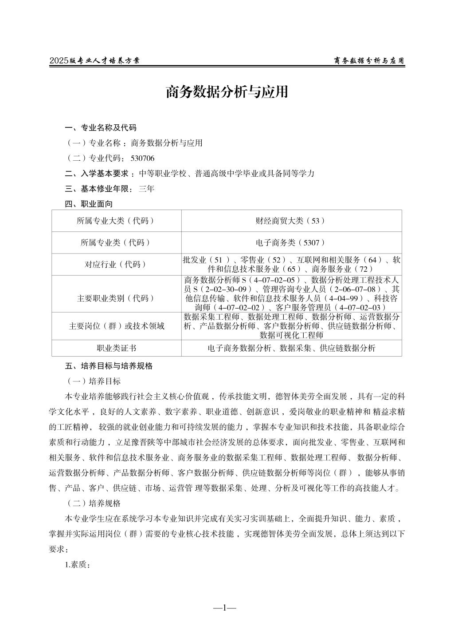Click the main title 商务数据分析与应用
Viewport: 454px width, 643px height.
pos(227,91)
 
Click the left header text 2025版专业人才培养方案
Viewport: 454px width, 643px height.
pos(94,61)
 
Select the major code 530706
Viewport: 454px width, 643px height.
pos(142,159)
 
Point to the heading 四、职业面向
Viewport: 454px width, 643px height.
pos(89,204)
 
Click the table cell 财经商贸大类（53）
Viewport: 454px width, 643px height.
pos(291,221)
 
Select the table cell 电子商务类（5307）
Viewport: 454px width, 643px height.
pos(291,242)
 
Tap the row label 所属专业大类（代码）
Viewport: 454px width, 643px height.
pos(116,221)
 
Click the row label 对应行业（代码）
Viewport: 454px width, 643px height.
pos(116,264)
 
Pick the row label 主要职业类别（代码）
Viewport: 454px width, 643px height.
pos(116,298)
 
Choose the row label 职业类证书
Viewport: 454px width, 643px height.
pos(116,348)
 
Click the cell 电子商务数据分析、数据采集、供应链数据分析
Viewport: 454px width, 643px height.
pos(291,348)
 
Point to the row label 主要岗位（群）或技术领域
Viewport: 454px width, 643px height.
pos(116,326)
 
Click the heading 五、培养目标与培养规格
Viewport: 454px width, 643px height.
pos(109,366)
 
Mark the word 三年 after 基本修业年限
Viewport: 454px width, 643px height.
pos(146,189)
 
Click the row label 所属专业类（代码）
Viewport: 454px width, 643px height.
pos(116,242)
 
